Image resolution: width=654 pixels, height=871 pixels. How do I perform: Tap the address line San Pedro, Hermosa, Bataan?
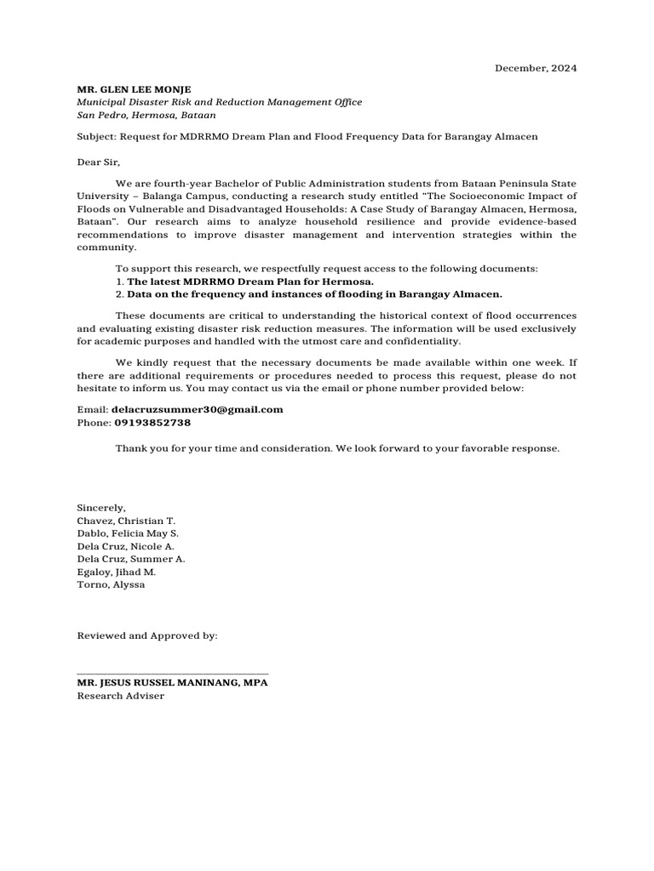tap(146, 115)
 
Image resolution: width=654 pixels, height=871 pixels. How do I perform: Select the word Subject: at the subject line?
tap(96, 137)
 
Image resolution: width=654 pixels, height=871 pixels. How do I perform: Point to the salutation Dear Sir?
tap(99, 162)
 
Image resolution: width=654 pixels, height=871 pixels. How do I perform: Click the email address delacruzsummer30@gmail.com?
tap(198, 409)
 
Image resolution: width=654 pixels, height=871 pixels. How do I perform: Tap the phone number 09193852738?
tap(152, 422)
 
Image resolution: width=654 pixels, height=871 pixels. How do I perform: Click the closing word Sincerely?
tap(101, 507)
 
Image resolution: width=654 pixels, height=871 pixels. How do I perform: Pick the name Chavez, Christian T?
tap(126, 520)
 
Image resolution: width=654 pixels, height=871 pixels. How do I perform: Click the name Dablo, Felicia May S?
tap(128, 532)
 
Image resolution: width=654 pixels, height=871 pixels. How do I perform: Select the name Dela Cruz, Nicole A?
tap(127, 546)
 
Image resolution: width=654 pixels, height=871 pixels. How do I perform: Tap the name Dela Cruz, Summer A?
tap(131, 559)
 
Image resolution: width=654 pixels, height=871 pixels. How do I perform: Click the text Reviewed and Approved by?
tap(147, 635)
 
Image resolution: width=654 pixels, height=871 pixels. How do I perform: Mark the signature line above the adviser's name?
tap(173, 673)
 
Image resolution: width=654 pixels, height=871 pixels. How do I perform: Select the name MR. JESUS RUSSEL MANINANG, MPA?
tap(173, 682)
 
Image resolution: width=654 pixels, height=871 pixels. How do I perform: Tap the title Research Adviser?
tap(121, 696)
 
